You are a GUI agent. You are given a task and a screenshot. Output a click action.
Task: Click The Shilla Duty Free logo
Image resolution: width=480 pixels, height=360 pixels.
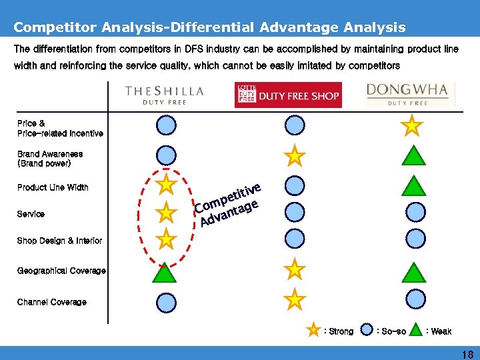pyautogui.click(x=165, y=95)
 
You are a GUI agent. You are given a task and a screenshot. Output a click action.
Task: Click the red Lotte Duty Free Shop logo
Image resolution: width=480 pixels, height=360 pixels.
pyautogui.click(x=288, y=95)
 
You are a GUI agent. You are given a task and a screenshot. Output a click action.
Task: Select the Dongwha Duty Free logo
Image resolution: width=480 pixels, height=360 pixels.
pyautogui.click(x=411, y=95)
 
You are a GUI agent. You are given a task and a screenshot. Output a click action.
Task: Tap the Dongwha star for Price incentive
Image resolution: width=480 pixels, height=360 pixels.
pyautogui.click(x=413, y=125)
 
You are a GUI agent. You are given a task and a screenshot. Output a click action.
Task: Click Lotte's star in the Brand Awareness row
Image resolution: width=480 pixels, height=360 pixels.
pyautogui.click(x=295, y=156)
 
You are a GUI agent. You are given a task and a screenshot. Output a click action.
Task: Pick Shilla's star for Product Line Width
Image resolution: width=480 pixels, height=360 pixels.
pyautogui.click(x=165, y=184)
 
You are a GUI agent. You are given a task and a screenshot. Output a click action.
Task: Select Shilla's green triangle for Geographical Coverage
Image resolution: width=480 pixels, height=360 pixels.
pyautogui.click(x=165, y=271)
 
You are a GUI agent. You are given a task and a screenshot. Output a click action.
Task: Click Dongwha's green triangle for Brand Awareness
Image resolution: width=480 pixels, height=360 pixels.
pyautogui.click(x=414, y=155)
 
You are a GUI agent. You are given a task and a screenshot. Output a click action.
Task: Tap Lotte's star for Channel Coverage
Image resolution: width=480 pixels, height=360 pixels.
pyautogui.click(x=295, y=300)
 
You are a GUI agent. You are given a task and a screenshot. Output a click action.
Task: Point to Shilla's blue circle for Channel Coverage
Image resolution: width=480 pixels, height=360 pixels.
pyautogui.click(x=166, y=303)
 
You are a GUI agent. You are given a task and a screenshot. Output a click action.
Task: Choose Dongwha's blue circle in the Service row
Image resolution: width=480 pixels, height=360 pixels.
pyautogui.click(x=415, y=212)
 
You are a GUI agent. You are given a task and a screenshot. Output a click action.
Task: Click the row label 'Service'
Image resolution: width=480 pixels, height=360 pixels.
pyautogui.click(x=31, y=214)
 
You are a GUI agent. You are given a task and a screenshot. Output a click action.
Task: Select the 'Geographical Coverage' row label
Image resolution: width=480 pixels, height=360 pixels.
pyautogui.click(x=61, y=271)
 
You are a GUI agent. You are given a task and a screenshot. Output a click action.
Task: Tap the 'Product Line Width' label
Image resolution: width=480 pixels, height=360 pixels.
pyautogui.click(x=53, y=187)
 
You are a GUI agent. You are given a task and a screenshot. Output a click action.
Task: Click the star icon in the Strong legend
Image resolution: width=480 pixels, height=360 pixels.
pyautogui.click(x=313, y=330)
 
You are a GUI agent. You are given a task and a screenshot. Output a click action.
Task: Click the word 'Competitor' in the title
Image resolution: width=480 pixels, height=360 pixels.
pyautogui.click(x=54, y=27)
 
